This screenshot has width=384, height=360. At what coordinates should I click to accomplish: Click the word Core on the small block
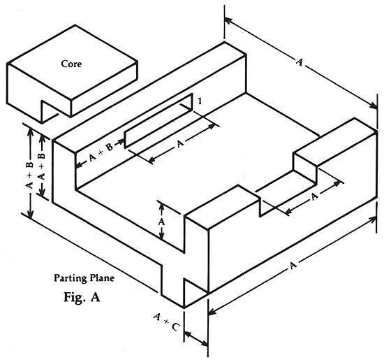pos(71,64)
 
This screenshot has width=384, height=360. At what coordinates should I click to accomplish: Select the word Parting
pos(71,278)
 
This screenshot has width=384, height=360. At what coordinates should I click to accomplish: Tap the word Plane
pos(102,278)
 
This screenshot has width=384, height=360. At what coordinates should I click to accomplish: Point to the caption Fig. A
pos(82,297)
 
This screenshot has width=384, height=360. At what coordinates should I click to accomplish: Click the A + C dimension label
pos(167,322)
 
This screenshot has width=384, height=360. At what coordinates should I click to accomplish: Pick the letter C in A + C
pos(175,327)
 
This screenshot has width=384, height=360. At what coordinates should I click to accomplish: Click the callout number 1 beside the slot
pos(200,101)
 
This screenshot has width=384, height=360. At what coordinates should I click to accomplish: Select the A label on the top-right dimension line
pos(299,62)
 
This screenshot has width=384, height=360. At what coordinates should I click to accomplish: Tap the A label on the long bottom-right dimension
pos(293,266)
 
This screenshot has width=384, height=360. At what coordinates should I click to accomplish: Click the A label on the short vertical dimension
pos(161,222)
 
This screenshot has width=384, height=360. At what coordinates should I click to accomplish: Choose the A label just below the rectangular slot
pos(179,144)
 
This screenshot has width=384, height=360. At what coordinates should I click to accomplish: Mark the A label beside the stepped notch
pos(314,196)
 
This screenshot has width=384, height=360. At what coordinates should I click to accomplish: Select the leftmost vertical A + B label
pos(29,175)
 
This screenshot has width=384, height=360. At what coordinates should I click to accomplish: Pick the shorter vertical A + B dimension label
pos(42,167)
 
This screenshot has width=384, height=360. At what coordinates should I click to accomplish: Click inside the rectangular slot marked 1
pos(158,121)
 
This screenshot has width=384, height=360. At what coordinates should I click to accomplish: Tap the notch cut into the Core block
pos(50,111)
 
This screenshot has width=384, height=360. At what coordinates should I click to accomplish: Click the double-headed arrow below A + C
pos(196,338)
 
